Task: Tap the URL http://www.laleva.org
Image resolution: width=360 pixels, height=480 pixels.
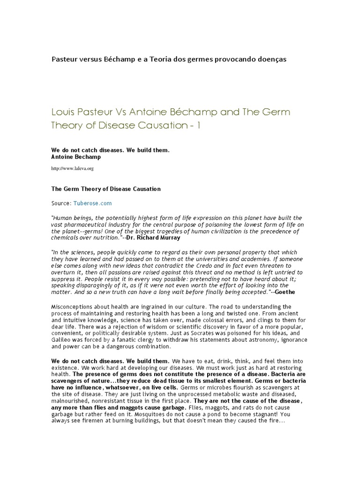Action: pos(73,168)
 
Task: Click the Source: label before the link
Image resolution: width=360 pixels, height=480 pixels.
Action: pos(60,204)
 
